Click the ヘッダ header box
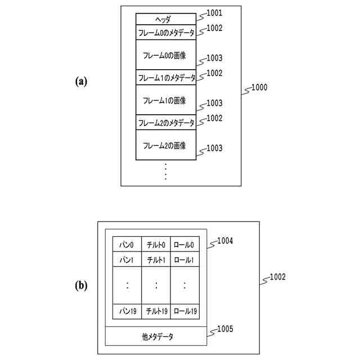(165, 19)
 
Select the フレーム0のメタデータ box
(165, 33)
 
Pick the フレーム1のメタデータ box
(165, 78)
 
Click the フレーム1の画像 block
(165, 100)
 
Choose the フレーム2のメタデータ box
(165, 123)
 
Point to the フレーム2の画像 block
(165, 146)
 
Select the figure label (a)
(82, 81)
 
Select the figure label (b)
(82, 286)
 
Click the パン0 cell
(127, 245)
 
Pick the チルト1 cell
(156, 260)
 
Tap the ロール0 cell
(184, 245)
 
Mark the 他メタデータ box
(157, 337)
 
